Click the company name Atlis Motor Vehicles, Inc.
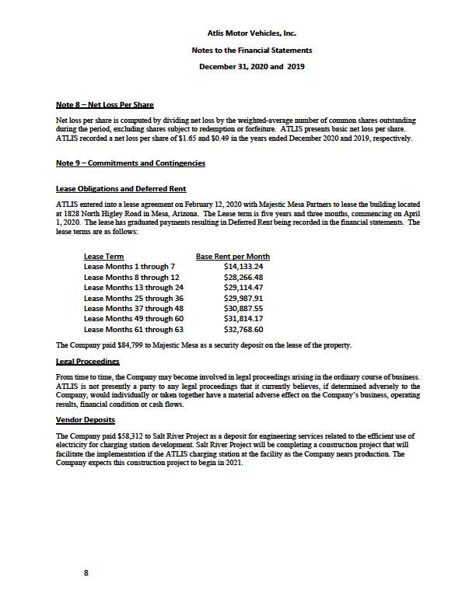251,33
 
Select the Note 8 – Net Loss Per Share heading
104,104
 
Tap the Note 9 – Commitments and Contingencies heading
131,163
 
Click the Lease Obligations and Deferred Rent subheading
121,189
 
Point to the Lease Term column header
103,257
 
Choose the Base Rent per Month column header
233,257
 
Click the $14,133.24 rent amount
243,267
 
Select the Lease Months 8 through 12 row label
131,277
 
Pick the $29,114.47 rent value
243,287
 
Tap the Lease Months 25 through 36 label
134,298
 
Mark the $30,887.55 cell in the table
243,308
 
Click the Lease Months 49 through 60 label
134,318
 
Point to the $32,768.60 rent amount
243,329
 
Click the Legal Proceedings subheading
87,362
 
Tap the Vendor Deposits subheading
86,420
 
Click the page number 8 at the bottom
86,572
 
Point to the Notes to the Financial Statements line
251,50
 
